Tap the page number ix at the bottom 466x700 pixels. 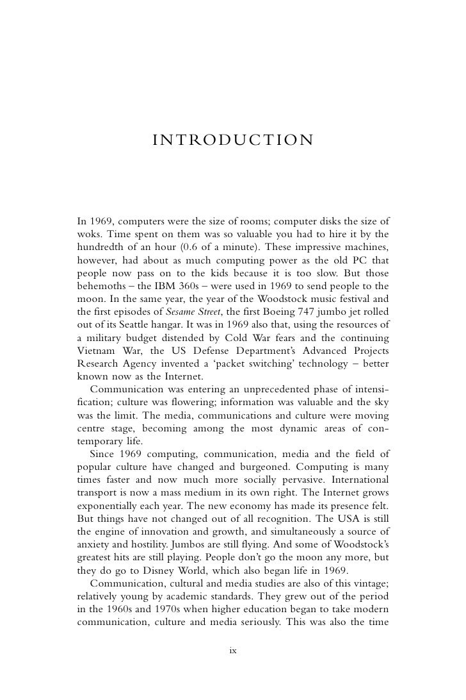click(233, 651)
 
